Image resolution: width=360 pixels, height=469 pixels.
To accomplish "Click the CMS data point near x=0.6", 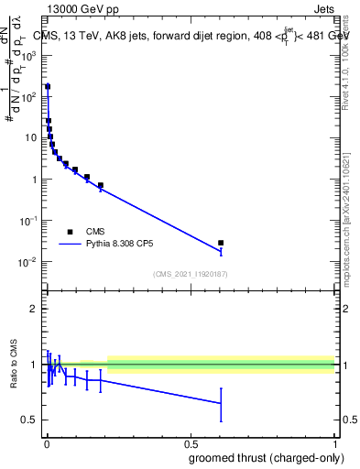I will tap(221, 243).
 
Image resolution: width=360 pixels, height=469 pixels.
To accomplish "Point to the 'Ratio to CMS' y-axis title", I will tap(14, 365).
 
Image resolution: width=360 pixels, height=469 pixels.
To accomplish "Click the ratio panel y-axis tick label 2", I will tap(34, 309).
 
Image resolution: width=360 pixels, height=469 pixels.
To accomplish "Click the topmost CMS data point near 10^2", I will tap(48, 87).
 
